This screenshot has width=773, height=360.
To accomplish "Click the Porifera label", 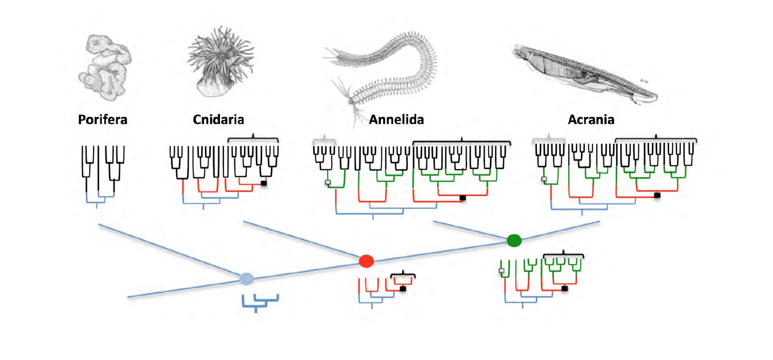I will pos(103,120).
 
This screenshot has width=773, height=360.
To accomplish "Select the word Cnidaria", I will pos(218,120).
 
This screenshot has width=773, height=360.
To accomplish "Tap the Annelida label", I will pos(396,120).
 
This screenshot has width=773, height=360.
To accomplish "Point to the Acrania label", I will pos(591,120).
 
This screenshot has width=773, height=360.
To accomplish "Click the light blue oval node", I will pos(247,278).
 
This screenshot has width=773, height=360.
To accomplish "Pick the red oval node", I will pos(366,261).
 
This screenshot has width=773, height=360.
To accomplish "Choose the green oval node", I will pos(514,240).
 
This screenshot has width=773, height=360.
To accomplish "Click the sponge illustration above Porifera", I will pos(105,68).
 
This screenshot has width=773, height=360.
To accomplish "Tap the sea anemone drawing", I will pos(221,62).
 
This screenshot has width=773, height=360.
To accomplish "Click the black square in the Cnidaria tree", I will pos(263,183).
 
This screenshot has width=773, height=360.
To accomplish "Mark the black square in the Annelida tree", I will pos(463,198).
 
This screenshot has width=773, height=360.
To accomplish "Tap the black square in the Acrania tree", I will pos(657,195).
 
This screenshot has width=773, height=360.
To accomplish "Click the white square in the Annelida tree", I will pos(328,182).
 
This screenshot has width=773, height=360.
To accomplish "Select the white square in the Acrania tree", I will pos(544,179).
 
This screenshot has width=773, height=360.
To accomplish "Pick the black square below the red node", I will pos(403,289).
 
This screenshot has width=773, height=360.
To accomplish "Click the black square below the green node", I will pos(565,289).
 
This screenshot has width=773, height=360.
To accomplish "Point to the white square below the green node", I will pos(502,271).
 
